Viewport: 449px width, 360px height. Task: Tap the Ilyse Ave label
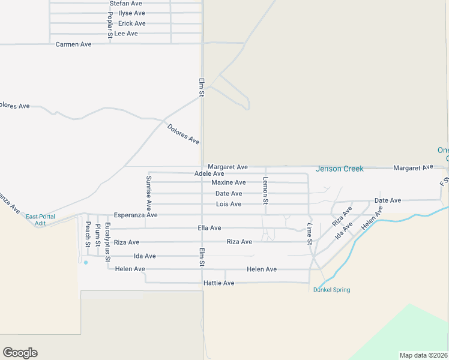[131, 13]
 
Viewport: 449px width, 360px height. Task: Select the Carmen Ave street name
[73, 44]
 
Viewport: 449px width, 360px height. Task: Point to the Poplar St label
[110, 25]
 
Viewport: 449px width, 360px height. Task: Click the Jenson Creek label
[339, 169]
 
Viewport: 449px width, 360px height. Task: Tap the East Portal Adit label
[40, 220]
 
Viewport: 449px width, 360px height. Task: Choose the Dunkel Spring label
[331, 290]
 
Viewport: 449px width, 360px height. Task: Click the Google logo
[20, 353]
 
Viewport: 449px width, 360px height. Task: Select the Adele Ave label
[209, 174]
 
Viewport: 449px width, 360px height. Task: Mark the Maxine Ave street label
[228, 182]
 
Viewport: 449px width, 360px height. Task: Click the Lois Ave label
[228, 204]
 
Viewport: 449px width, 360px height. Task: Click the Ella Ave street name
[209, 228]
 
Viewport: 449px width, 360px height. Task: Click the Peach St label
[88, 234]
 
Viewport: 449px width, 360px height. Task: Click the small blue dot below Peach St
[86, 262]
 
